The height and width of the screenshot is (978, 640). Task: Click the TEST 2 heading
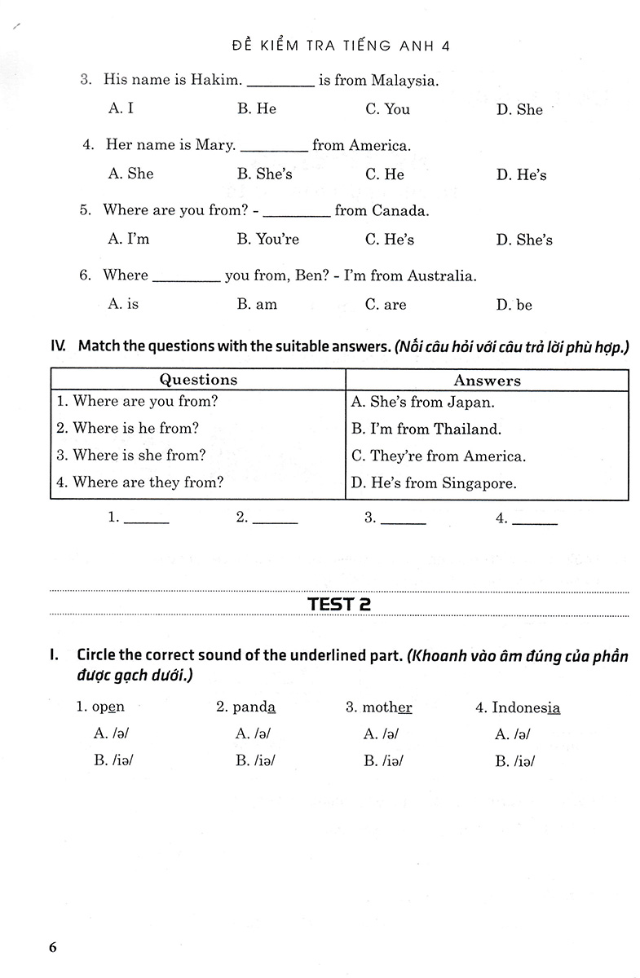tap(340, 604)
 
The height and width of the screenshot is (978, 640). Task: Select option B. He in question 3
tap(257, 109)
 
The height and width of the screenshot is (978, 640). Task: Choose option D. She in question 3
tap(519, 110)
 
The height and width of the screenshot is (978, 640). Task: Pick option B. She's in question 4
tap(264, 174)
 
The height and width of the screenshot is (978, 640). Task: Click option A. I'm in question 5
tap(129, 240)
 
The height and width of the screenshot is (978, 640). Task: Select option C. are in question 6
tap(385, 305)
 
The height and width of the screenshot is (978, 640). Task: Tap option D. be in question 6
tap(514, 305)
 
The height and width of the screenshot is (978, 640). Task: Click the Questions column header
tap(198, 380)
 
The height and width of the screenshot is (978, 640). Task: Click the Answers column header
tap(487, 381)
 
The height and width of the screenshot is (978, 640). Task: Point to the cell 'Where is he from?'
tap(127, 428)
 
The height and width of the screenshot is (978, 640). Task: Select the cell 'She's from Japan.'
tap(422, 402)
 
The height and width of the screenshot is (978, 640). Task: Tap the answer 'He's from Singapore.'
tap(433, 482)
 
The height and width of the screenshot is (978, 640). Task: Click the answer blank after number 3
tap(403, 518)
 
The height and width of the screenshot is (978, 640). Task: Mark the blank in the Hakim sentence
tap(280, 81)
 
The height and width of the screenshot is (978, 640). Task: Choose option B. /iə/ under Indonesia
tap(513, 761)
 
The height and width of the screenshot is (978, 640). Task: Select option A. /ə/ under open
tap(112, 733)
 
